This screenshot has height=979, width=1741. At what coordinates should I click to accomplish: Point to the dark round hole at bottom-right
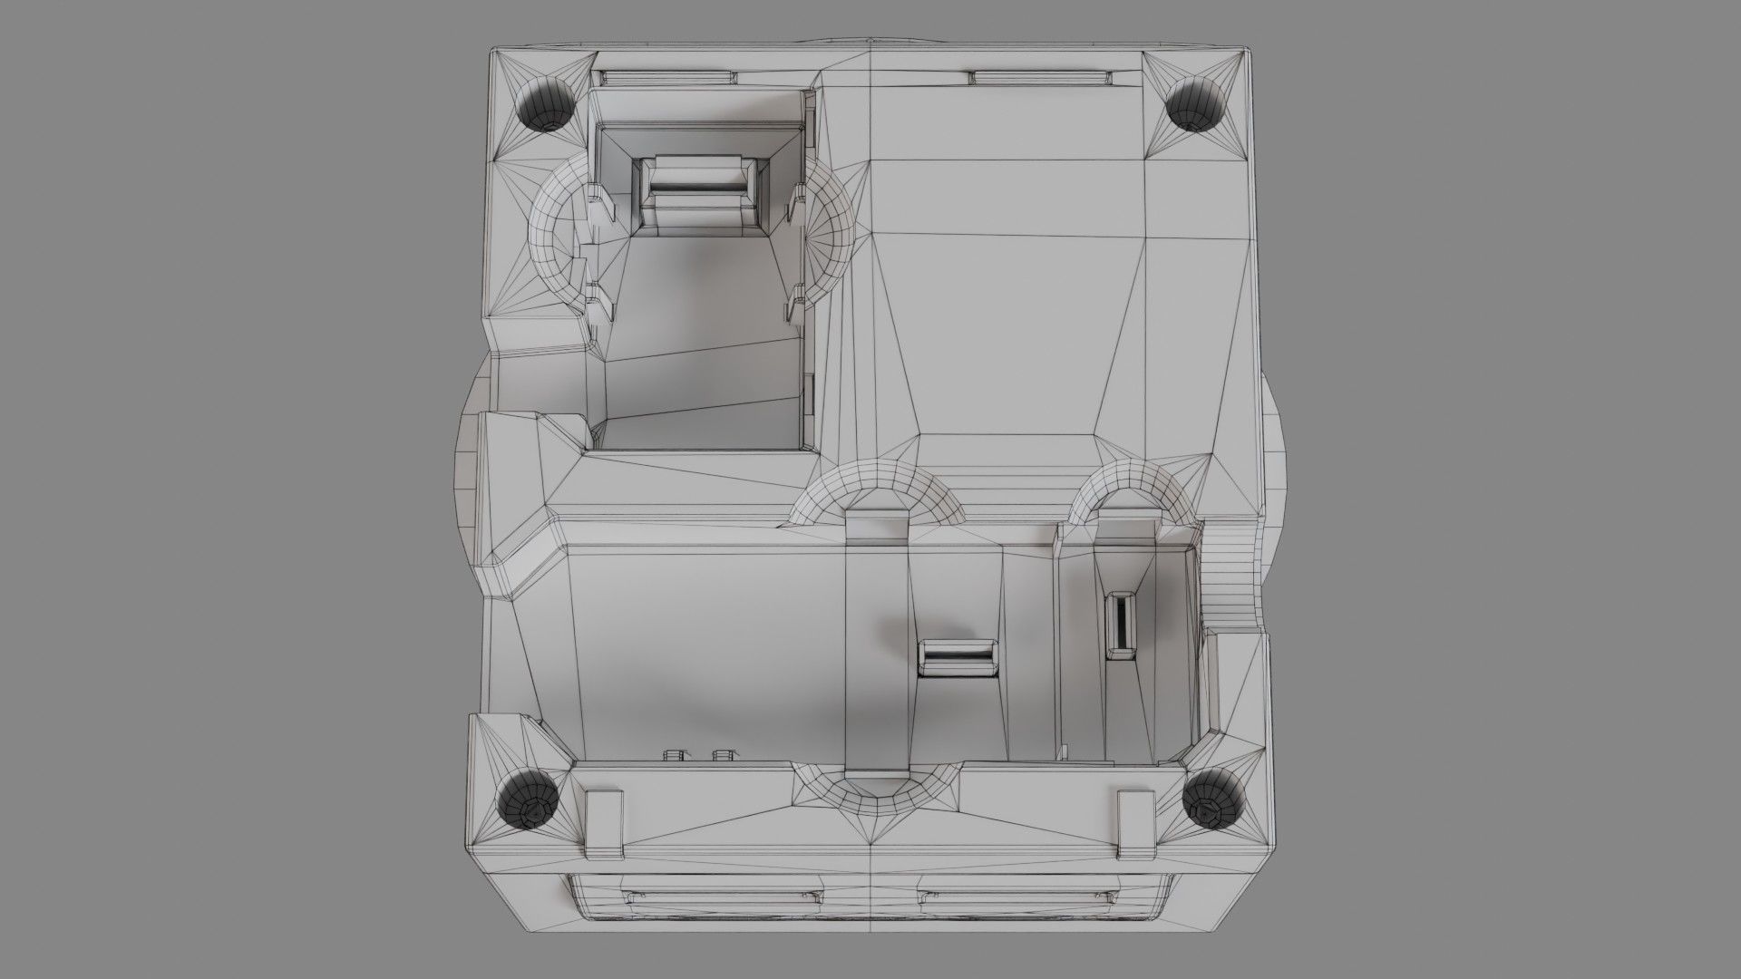tap(1211, 800)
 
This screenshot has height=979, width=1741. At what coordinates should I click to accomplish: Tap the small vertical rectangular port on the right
tap(1121, 624)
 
